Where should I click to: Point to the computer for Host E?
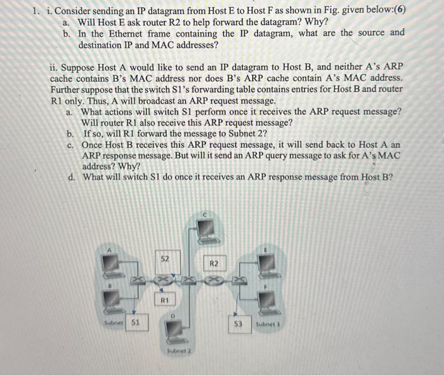point(268,263)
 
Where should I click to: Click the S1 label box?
point(134,322)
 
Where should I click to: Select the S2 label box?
point(164,259)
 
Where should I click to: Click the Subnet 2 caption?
point(178,350)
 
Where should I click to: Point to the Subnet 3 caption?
point(266,324)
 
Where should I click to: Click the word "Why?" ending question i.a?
point(316,21)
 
